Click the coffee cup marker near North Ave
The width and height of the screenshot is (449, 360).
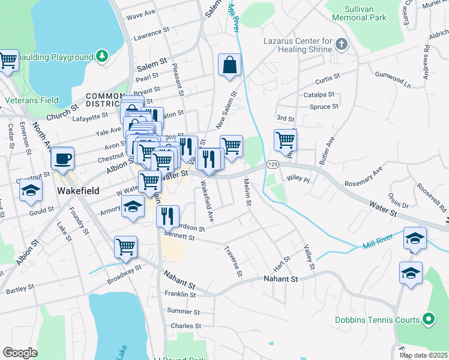tap(62, 159)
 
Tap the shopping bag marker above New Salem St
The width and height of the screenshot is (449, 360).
tap(230, 65)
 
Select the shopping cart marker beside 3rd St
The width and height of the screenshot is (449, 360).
tap(285, 140)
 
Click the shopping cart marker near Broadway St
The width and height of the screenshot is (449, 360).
tap(125, 247)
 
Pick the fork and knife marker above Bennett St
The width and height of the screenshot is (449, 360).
tap(167, 215)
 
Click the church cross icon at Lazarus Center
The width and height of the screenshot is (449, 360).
tap(341, 44)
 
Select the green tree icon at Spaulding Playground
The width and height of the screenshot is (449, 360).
tap(102, 56)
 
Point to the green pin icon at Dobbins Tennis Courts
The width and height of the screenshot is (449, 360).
tap(428, 319)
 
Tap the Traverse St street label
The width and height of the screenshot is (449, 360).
tap(233, 261)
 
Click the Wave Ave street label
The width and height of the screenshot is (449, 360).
tap(141, 13)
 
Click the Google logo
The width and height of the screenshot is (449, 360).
tap(20, 353)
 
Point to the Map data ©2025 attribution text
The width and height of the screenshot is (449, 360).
tap(423, 355)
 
